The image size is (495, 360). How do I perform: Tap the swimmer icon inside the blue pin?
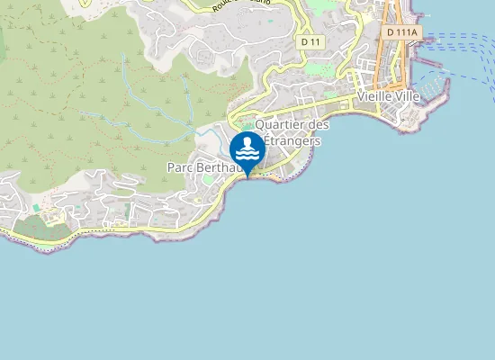[x=247, y=147]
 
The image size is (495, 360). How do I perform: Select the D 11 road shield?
[x=310, y=41]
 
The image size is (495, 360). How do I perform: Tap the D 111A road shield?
[x=400, y=32]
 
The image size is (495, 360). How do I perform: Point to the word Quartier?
[x=280, y=125]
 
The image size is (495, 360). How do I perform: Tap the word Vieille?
[x=375, y=96]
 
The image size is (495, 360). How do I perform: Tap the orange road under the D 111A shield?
[x=393, y=63]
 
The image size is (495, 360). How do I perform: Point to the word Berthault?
[x=225, y=167]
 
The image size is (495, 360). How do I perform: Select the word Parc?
[x=180, y=167]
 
